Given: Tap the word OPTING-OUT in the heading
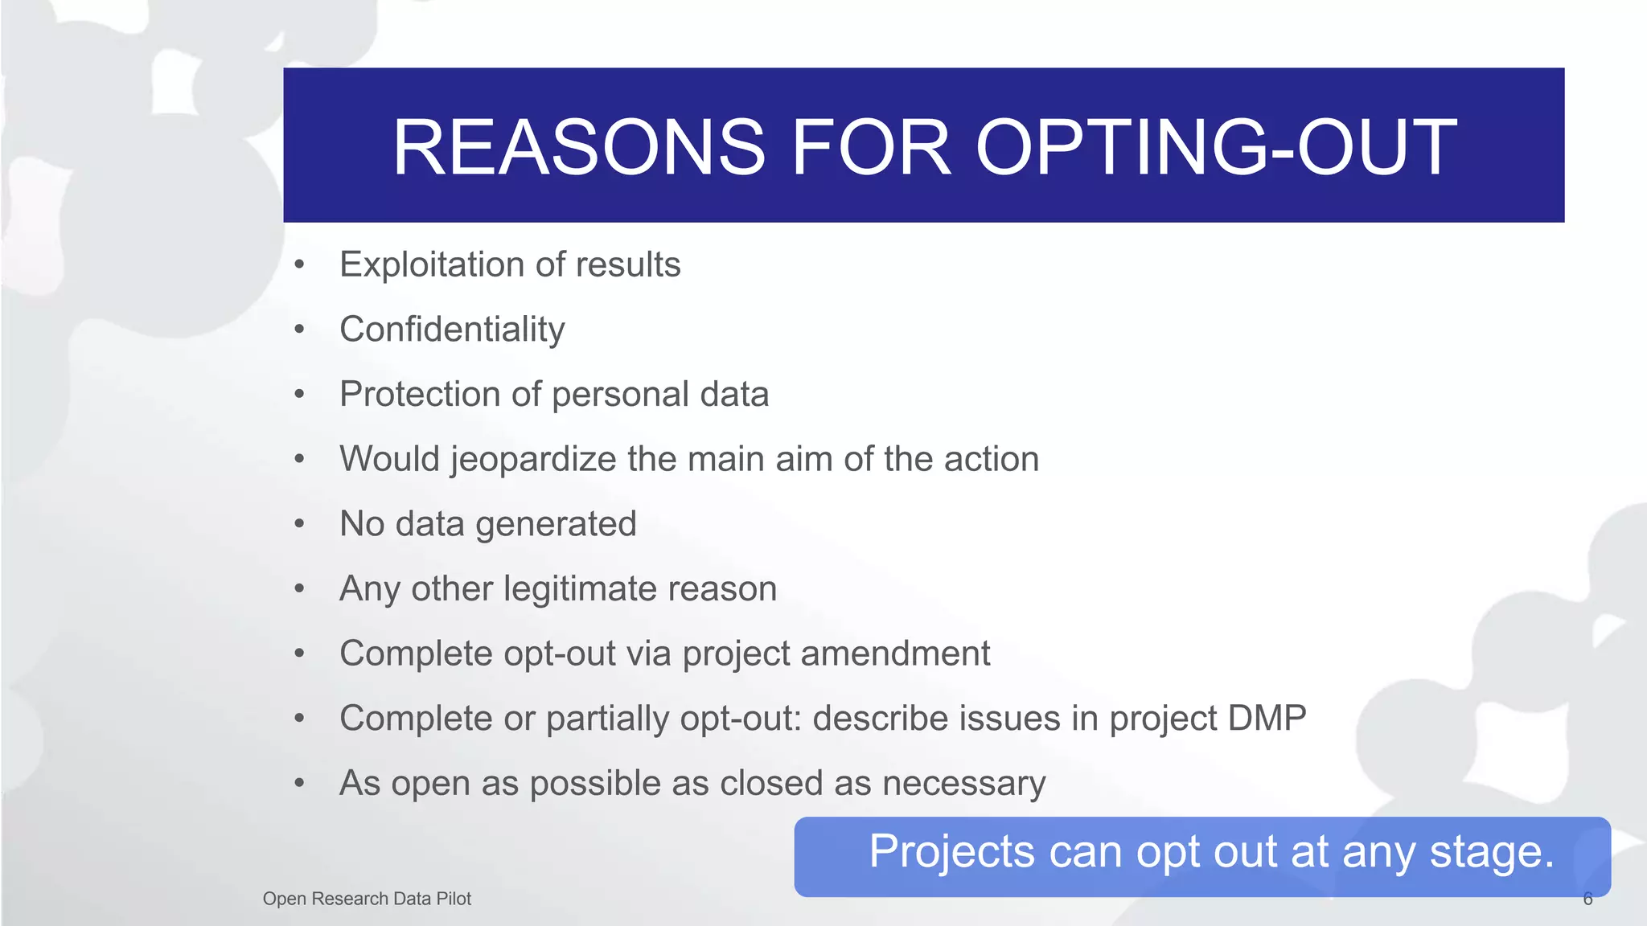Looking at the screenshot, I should (x=1215, y=147).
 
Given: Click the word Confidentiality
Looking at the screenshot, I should (x=452, y=330).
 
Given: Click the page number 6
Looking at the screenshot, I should (x=1587, y=899).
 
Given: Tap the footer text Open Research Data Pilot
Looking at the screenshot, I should (x=367, y=899).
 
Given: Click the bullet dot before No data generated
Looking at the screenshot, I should (x=299, y=524).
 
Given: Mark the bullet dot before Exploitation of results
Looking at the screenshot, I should (x=299, y=264).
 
